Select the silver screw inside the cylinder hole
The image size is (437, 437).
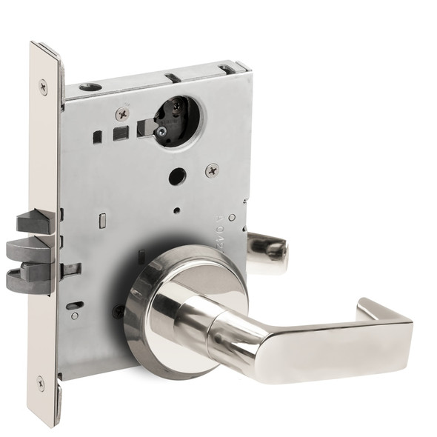point(161,131)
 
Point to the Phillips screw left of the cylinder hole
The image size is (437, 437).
point(122,113)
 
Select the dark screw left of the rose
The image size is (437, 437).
point(118,312)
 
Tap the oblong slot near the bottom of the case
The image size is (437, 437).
point(74,305)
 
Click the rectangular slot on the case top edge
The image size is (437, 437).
point(172,77)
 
